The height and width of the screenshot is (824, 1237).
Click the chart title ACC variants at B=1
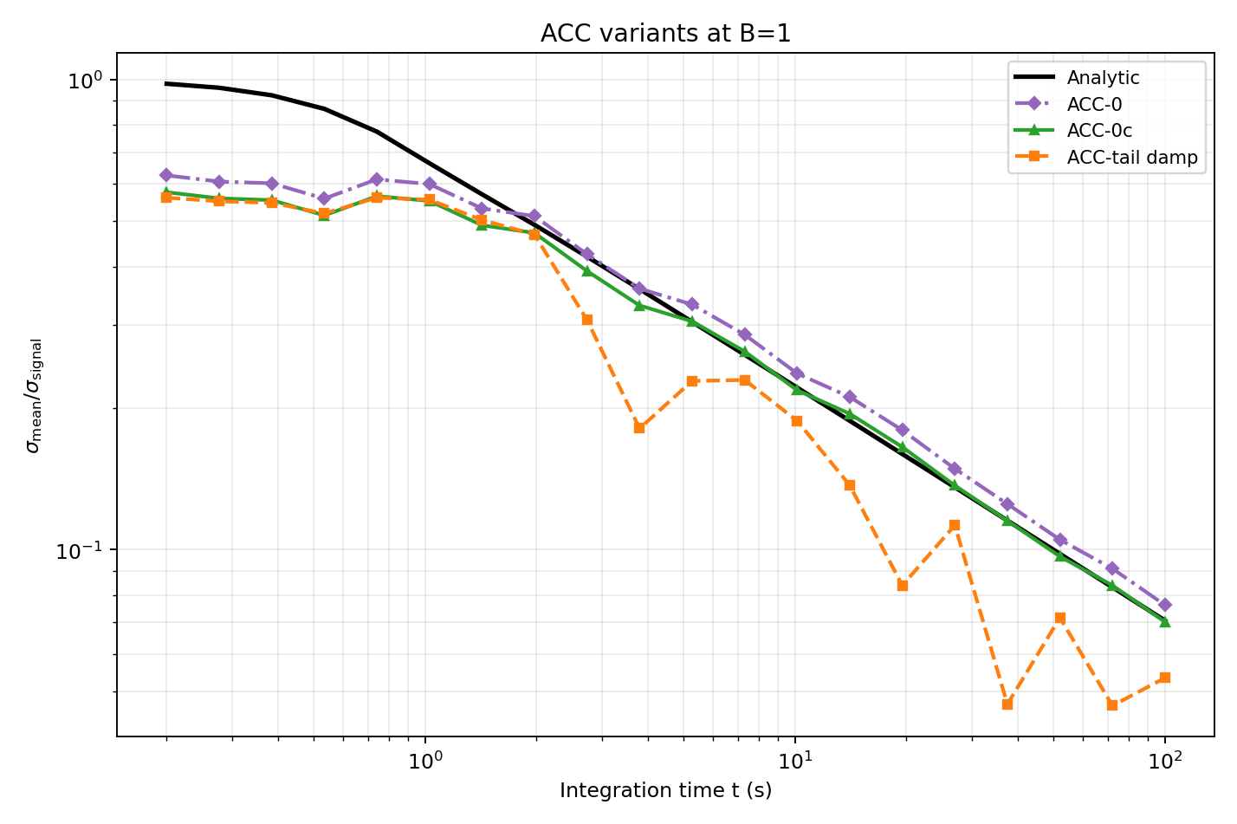(665, 33)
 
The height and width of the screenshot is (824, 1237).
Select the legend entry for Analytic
(1103, 78)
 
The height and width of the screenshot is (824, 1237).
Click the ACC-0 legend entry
(1094, 105)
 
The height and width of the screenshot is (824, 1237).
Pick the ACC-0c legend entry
(1099, 131)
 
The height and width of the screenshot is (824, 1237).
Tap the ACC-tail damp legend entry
(1131, 158)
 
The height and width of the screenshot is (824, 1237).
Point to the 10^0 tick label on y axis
(85, 81)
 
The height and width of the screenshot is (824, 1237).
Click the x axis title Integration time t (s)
(665, 790)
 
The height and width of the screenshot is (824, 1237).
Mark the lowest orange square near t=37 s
(1007, 704)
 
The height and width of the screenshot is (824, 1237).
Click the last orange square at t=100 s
(1165, 678)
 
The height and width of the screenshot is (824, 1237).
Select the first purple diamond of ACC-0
(166, 175)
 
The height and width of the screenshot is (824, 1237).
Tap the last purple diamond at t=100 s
(1165, 605)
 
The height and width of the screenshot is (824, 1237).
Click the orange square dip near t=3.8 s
(639, 428)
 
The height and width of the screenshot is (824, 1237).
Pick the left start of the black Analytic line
(166, 84)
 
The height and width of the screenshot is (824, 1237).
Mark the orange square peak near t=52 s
(1059, 618)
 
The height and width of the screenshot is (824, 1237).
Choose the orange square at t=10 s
(797, 421)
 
